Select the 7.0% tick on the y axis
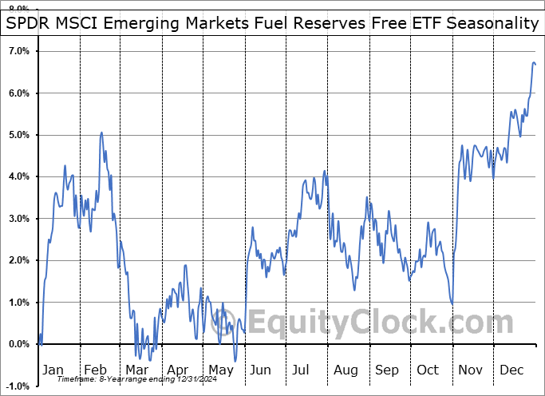(x=18, y=51)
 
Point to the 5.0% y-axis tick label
(x=18, y=135)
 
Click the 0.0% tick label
(x=18, y=344)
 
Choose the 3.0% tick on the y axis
(x=18, y=219)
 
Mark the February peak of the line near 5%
(x=101, y=133)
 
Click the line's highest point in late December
(x=534, y=62)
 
